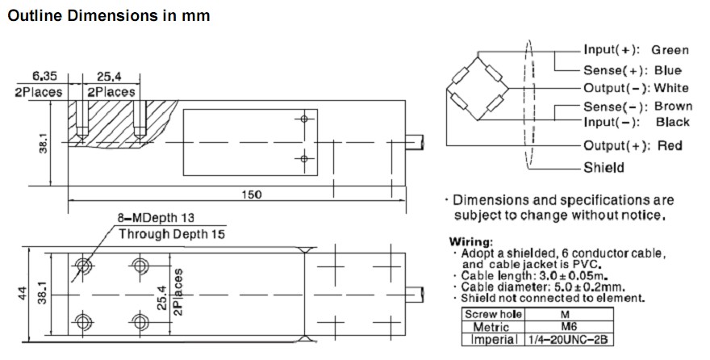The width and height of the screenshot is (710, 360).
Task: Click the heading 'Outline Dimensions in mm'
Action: (x=109, y=16)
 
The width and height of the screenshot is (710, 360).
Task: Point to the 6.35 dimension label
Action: (x=46, y=76)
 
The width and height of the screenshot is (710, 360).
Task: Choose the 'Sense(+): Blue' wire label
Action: (x=632, y=70)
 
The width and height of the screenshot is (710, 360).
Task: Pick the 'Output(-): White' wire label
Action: (x=636, y=88)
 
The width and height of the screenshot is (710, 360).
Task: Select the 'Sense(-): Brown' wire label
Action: (x=637, y=107)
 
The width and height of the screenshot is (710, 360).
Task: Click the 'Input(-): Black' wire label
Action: (x=637, y=122)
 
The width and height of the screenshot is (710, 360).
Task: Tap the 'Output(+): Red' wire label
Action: (x=633, y=145)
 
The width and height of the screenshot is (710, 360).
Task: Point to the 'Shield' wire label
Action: (x=603, y=168)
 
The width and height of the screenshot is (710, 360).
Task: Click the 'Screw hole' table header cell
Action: (x=494, y=313)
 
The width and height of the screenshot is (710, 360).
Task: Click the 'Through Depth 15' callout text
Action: (x=172, y=234)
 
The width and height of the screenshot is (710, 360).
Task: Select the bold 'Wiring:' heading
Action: (x=470, y=241)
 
